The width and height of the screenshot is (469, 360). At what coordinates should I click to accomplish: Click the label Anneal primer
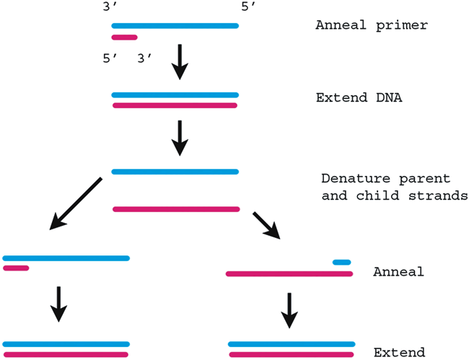click(372, 25)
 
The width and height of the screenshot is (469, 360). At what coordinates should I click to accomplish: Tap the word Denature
click(351, 177)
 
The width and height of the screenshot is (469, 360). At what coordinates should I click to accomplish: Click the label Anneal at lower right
click(398, 272)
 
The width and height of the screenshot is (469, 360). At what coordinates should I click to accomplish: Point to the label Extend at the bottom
click(399, 352)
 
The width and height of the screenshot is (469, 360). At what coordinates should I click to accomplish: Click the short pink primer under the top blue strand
click(124, 38)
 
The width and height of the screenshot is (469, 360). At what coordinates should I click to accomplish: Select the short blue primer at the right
click(342, 262)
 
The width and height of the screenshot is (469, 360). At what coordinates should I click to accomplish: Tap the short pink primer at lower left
click(16, 268)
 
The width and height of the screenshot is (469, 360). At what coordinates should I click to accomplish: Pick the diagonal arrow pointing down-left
click(76, 203)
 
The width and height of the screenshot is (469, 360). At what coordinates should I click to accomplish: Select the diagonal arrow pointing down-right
click(266, 224)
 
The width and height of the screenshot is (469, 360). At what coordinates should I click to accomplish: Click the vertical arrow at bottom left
click(59, 304)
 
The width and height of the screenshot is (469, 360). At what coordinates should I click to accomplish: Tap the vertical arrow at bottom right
click(289, 309)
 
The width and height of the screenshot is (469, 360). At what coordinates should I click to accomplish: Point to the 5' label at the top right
click(247, 6)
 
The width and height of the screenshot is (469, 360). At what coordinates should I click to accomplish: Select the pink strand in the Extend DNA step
click(175, 105)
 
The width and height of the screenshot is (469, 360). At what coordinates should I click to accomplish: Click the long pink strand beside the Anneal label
click(289, 273)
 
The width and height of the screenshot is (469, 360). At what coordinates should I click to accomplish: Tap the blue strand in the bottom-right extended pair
click(292, 344)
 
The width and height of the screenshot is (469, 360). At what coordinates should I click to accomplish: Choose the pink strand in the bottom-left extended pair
click(66, 354)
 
